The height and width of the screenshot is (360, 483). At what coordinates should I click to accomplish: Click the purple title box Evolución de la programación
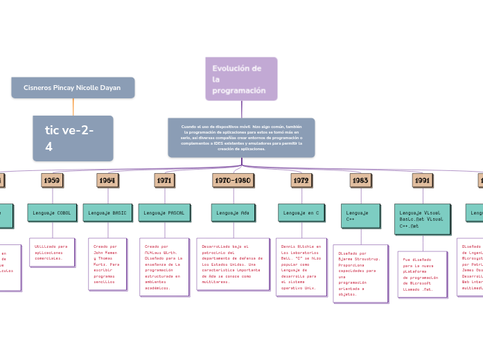click(241, 79)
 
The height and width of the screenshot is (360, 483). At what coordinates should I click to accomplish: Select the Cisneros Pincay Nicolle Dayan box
click(73, 88)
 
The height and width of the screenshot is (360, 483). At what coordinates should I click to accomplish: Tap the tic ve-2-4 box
click(73, 138)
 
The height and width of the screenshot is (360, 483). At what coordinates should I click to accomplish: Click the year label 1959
click(51, 180)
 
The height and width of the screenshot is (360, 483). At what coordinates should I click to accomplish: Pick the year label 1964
click(107, 180)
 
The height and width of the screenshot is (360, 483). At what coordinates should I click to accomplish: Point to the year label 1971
click(164, 180)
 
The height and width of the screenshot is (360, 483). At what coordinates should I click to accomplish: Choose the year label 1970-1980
click(233, 180)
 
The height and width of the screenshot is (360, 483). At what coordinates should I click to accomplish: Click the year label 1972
click(301, 180)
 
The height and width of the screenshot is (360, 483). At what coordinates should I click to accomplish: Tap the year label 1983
click(360, 180)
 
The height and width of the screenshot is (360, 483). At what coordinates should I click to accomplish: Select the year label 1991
click(423, 180)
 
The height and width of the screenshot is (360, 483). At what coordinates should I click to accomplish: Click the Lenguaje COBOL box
click(52, 213)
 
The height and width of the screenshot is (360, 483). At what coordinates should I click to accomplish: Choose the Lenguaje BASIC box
click(107, 213)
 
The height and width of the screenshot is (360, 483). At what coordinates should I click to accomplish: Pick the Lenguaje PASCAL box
click(164, 213)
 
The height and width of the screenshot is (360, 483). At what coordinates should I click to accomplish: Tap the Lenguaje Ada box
click(233, 213)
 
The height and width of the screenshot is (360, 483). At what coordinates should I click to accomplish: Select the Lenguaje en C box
click(301, 213)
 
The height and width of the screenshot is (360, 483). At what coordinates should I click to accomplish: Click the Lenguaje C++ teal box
click(360, 216)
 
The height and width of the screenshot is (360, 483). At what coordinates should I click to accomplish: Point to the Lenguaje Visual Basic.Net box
click(423, 219)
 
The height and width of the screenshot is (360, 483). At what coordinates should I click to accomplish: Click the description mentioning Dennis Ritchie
click(301, 267)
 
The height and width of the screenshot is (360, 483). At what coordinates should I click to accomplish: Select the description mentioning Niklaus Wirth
click(164, 267)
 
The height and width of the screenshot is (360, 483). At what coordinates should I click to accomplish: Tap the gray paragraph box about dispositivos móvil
click(241, 137)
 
